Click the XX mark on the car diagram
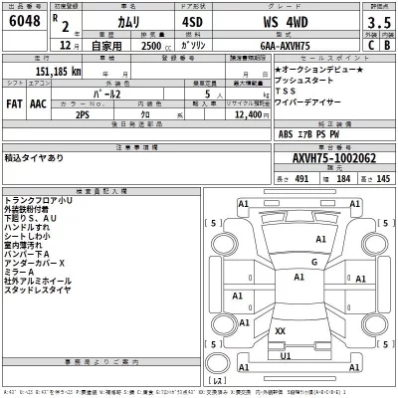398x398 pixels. point(280,330)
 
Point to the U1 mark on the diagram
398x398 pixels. point(286,354)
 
